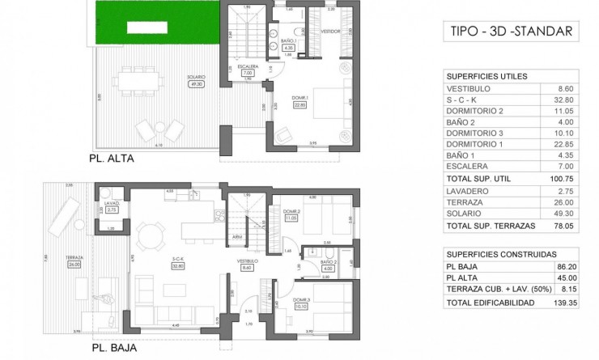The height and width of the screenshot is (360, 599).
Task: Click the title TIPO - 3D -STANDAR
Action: tap(511, 32)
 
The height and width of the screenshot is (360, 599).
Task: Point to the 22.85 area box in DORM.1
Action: tap(301, 104)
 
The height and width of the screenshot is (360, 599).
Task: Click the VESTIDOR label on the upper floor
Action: tap(329, 32)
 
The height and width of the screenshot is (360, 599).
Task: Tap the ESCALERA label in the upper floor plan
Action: tap(249, 66)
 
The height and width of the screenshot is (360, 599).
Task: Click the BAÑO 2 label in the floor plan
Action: tap(327, 262)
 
